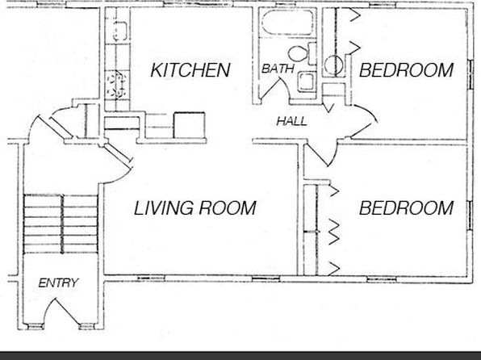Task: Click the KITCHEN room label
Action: pos(190,70)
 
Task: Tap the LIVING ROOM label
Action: pos(195,207)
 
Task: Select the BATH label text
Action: pos(278,69)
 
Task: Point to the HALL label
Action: pos(291,121)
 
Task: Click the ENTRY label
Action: pos(58,283)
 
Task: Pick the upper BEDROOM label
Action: pos(406,70)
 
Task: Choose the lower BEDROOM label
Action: pos(406,207)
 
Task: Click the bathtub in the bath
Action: pos(287,23)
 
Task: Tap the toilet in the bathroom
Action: pos(302,53)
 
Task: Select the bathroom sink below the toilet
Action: pos(306,82)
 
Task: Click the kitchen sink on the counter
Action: pos(120,31)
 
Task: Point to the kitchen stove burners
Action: pos(115,84)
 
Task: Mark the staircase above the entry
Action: pos(61,224)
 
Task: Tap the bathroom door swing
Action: pos(275,87)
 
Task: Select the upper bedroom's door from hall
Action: pos(364,121)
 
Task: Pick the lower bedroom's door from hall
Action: pos(322,153)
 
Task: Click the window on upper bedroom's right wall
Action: pos(471,74)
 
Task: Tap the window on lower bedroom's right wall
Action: pos(471,216)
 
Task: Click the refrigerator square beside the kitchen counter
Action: pos(190,125)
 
